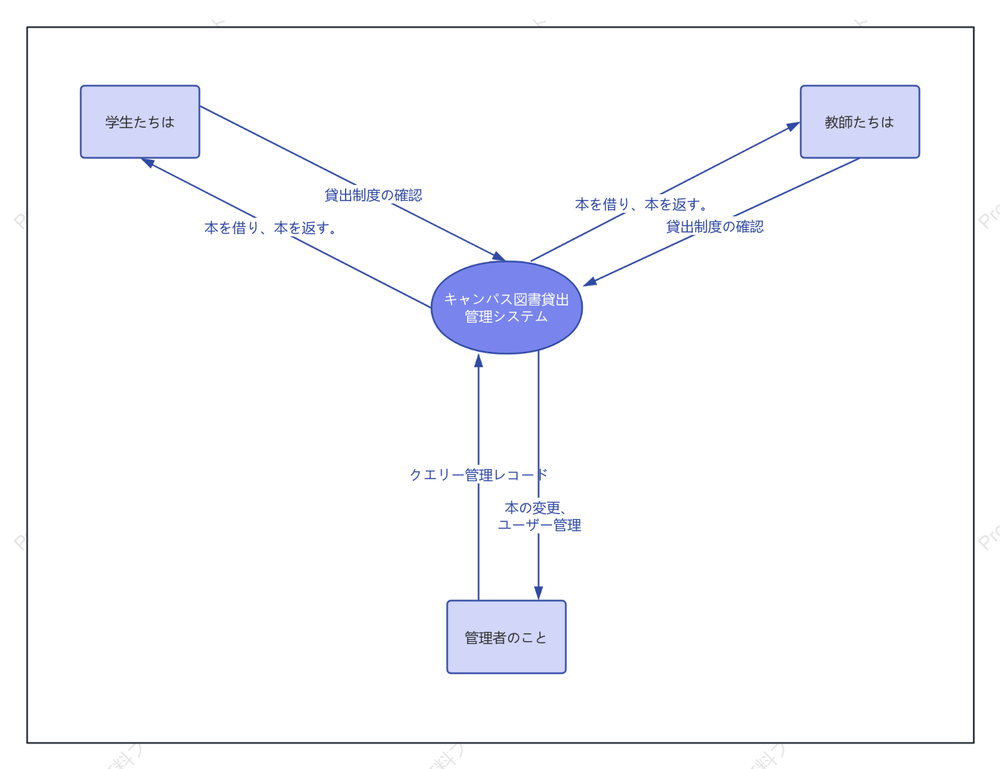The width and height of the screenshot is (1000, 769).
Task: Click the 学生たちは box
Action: coord(140,122)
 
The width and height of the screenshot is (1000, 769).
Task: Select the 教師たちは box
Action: coord(859,122)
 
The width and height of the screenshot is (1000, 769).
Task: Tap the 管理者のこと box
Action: coord(506,637)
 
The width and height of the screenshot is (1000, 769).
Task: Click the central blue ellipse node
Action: coord(506,308)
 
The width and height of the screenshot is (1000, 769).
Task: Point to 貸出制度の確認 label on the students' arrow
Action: coord(374,195)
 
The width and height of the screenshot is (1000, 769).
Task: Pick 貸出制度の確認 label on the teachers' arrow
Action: coord(715,226)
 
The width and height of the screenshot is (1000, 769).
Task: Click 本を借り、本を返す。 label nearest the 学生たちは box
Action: coord(271,228)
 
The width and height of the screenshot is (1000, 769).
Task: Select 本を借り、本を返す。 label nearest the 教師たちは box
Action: coord(641,204)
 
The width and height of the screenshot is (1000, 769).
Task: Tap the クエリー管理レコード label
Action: coord(479,475)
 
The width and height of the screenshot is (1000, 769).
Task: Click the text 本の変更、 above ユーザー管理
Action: coord(535,508)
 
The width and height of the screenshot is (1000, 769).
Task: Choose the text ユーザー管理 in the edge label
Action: coord(539,525)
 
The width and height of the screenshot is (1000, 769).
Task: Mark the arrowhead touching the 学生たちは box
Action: coord(148,162)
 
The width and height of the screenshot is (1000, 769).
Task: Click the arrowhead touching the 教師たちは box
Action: coord(793,126)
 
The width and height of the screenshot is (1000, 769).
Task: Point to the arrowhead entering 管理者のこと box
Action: coord(539,593)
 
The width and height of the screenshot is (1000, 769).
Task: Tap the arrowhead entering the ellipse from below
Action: coord(479,361)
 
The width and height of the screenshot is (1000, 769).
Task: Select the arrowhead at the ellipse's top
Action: coord(499,256)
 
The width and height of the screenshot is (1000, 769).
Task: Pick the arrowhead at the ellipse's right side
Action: coord(590,281)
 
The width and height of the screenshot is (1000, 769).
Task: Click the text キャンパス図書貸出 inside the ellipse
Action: coord(506,299)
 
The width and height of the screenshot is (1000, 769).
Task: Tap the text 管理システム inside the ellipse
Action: coord(506,316)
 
